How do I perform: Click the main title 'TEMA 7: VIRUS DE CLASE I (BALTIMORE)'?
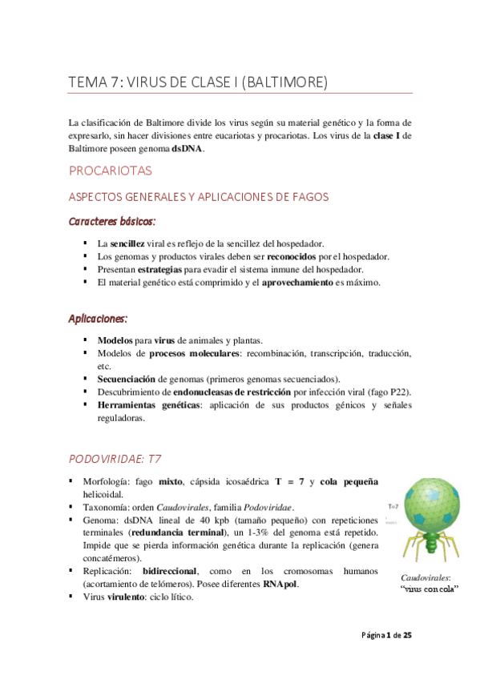pyautogui.click(x=198, y=82)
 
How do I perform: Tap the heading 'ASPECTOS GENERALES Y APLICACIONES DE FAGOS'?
pyautogui.click(x=199, y=197)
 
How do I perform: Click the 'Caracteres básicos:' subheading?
pyautogui.click(x=112, y=220)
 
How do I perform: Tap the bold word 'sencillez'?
pyautogui.click(x=127, y=243)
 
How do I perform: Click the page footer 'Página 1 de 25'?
pyautogui.click(x=386, y=635)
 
